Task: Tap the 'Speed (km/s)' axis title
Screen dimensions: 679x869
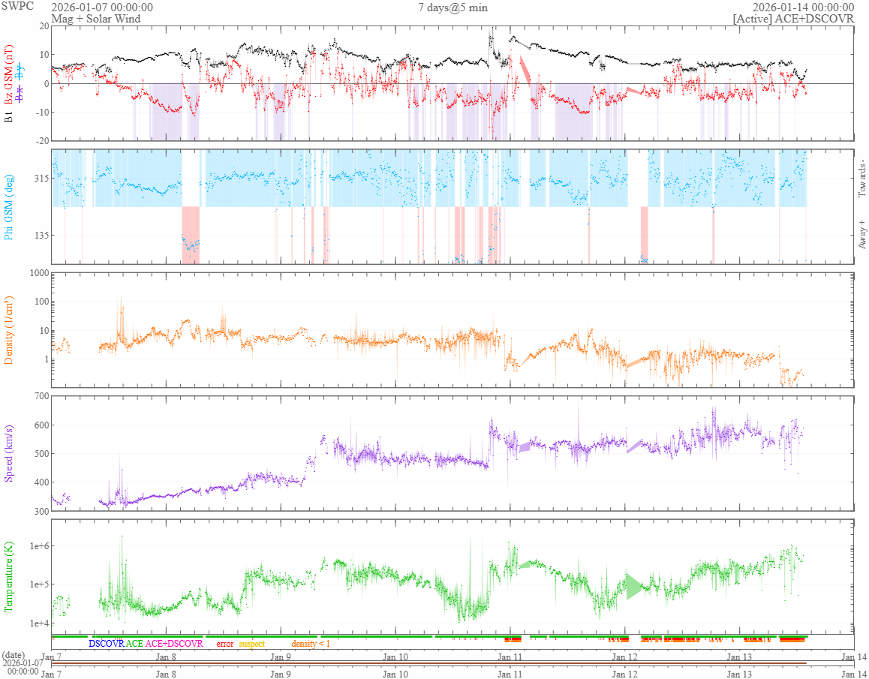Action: point(10,453)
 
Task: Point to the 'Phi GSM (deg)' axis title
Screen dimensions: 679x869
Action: point(10,206)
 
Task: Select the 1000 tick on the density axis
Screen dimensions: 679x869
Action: point(38,273)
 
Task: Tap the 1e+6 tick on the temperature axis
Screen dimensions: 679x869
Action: point(38,545)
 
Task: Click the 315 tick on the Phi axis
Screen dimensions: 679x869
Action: point(41,179)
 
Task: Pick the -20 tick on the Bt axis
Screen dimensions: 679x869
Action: point(41,141)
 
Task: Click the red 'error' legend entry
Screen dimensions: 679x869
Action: point(224,644)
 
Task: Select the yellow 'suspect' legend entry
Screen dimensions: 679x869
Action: point(251,644)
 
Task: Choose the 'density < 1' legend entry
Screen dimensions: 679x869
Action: point(310,644)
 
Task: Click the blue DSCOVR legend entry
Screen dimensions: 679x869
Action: point(106,644)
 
